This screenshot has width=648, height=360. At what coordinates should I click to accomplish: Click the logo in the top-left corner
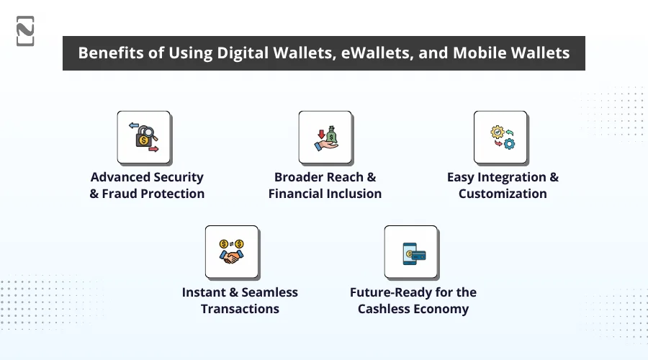[25, 31]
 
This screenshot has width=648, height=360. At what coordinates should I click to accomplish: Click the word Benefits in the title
[109, 53]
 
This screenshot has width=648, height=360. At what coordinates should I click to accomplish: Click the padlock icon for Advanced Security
[144, 137]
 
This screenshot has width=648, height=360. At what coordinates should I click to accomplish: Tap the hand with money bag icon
[325, 137]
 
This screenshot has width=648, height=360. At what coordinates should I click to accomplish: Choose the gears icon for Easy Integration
[500, 137]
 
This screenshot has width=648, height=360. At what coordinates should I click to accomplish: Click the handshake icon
[232, 252]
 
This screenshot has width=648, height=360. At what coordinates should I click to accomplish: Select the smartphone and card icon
[411, 252]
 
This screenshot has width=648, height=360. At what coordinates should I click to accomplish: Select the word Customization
[503, 194]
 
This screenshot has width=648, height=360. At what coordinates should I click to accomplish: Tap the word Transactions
[240, 309]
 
